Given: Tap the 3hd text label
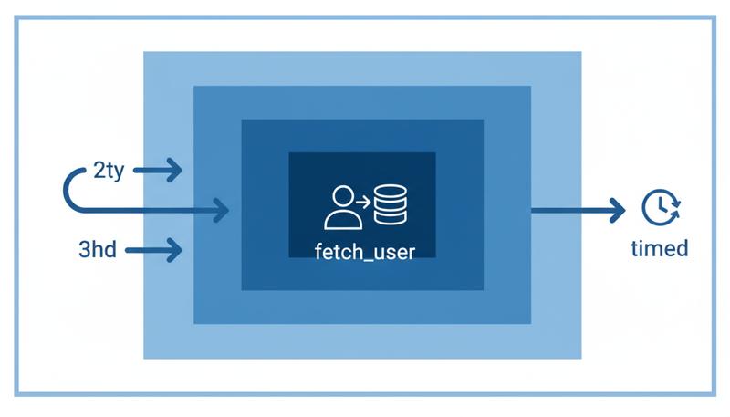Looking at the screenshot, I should click(x=98, y=249).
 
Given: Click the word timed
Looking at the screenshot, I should click(x=660, y=248).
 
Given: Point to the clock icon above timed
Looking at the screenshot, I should click(x=658, y=208).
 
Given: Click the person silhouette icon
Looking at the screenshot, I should click(x=342, y=208).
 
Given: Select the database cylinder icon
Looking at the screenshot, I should click(x=391, y=207).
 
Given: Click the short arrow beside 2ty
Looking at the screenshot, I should click(x=164, y=169).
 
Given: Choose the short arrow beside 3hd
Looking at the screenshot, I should click(x=155, y=249).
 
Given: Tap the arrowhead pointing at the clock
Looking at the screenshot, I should click(x=618, y=210).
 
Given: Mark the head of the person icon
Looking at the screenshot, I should click(x=343, y=196).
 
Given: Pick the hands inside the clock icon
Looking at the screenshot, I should click(x=657, y=207).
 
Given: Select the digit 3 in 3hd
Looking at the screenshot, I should click(x=84, y=249).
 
